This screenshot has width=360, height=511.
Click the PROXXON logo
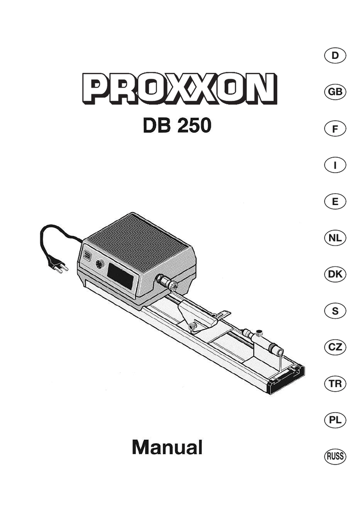pyautogui.click(x=180, y=88)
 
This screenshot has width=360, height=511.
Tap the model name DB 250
pyautogui.click(x=177, y=125)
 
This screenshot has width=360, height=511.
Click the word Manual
pyautogui.click(x=167, y=447)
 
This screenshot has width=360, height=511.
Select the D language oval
pyautogui.click(x=335, y=56)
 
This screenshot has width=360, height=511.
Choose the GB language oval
pyautogui.click(x=335, y=92)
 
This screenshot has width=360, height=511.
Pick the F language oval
pyautogui.click(x=335, y=129)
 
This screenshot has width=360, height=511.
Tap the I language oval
pyautogui.click(x=335, y=165)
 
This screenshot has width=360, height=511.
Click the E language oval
pyautogui.click(x=335, y=202)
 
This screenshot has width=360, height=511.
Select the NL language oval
pyautogui.click(x=335, y=238)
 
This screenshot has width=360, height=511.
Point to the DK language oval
pyautogui.click(x=335, y=274)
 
